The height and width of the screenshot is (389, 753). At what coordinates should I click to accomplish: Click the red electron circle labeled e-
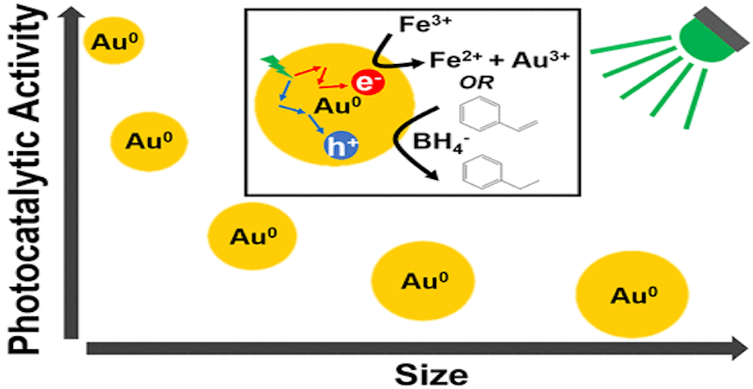(x=368, y=81)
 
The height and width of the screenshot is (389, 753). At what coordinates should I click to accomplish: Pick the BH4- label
(x=440, y=143)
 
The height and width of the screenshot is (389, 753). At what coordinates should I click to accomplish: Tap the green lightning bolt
(x=276, y=67)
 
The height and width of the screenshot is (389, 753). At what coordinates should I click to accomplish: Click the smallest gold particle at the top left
(x=114, y=41)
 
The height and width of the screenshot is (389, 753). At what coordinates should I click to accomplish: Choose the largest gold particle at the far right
(x=633, y=295)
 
